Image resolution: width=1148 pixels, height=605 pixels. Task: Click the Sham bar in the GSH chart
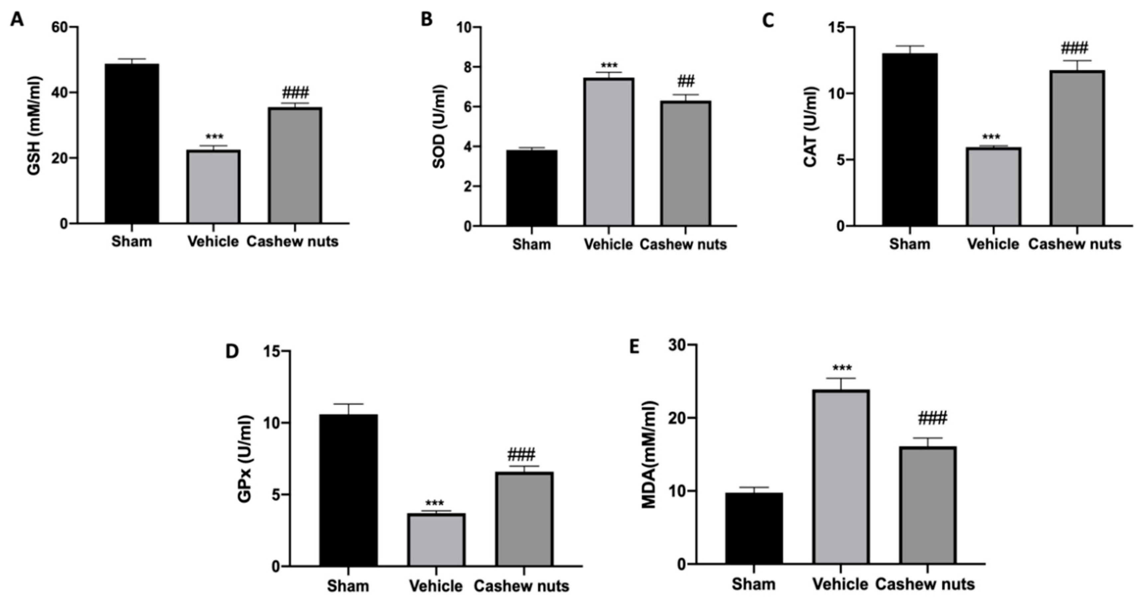coord(132,143)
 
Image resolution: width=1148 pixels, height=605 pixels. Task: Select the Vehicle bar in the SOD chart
coord(609,152)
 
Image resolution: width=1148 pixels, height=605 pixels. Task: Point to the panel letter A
coord(17,20)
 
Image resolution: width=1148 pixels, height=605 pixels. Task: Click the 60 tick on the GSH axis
coord(60,27)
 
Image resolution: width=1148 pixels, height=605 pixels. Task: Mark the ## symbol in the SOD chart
coord(686,81)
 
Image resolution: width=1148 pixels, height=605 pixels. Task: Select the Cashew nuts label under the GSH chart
coord(292,242)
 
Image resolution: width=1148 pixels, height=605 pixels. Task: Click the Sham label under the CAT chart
coord(909,244)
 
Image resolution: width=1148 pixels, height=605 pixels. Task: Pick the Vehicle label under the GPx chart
coord(436,586)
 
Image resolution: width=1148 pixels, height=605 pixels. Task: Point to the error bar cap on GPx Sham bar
coord(348,404)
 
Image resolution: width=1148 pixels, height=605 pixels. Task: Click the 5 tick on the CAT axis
coord(840,160)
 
